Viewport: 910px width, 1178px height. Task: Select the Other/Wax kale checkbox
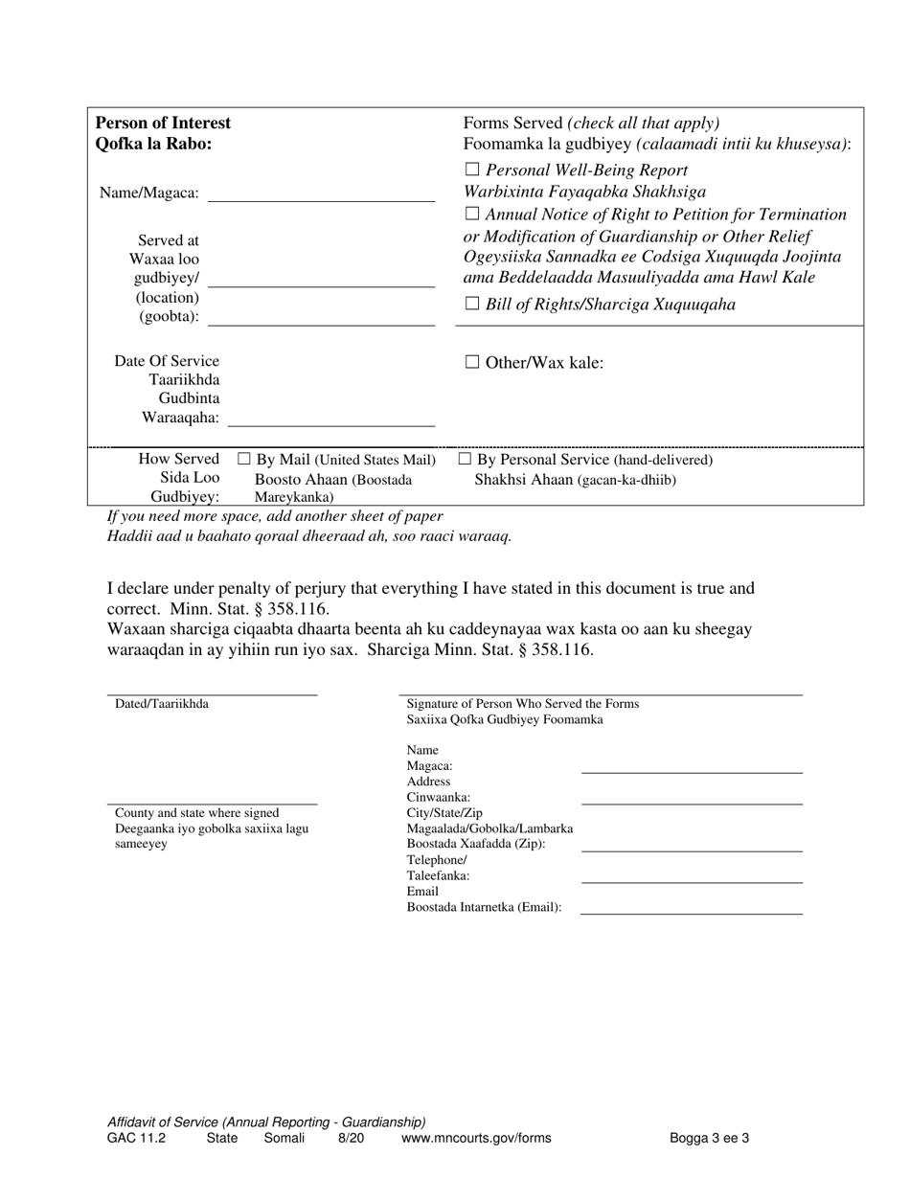tap(471, 362)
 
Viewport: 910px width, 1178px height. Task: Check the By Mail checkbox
tap(243, 461)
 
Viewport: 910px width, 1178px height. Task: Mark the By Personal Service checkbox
tap(465, 461)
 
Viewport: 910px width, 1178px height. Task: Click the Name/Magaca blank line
tap(321, 199)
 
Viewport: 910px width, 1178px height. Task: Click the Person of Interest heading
tap(163, 123)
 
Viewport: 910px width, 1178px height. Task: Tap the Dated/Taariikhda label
tap(162, 704)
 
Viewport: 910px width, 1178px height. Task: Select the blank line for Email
tap(692, 913)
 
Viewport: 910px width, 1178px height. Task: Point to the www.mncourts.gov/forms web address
tap(476, 1139)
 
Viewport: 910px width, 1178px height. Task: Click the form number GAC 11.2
tap(136, 1139)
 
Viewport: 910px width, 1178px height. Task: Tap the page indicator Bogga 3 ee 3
tap(709, 1139)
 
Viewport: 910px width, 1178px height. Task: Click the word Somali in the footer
tap(284, 1139)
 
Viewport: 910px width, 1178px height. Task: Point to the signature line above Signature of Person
tap(601, 693)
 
